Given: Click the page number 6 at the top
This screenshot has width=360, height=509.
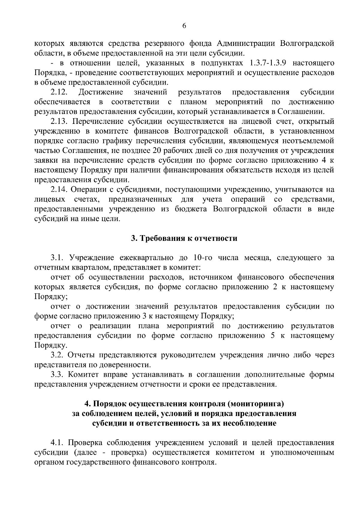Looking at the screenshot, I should pos(184,26).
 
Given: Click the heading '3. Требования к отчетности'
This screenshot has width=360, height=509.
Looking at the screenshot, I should pos(184,238).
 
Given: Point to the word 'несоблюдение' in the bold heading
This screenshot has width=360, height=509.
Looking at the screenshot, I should pos(246,423).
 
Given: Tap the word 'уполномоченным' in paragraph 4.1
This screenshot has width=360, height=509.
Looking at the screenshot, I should pos(302,452).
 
